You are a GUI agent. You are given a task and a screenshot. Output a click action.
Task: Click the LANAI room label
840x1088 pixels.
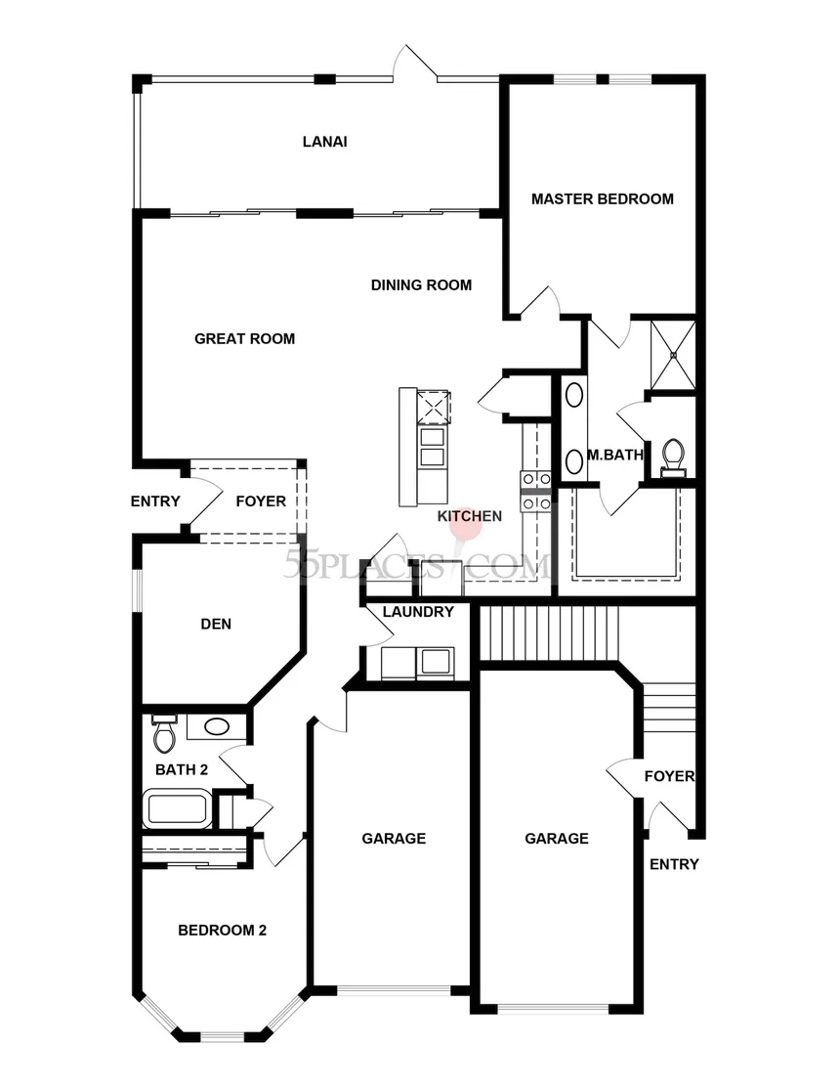[324, 142]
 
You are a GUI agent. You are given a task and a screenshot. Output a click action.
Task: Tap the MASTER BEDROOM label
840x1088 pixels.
[603, 199]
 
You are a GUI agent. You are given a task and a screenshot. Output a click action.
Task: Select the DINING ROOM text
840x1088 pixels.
[421, 285]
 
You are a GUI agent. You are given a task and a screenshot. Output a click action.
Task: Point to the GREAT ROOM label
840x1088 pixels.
[244, 338]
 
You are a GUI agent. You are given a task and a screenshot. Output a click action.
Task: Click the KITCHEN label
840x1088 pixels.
[469, 516]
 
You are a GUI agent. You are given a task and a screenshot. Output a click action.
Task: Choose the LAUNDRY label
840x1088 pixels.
[418, 612]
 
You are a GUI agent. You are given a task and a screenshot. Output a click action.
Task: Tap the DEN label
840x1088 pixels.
[216, 624]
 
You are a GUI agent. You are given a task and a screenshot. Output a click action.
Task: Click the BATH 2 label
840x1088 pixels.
[182, 769]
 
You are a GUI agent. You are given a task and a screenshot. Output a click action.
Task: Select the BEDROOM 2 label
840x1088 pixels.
[222, 931]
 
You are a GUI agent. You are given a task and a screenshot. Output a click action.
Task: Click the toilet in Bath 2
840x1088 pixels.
[164, 734]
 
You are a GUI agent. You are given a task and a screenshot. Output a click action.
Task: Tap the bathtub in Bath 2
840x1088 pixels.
[178, 808]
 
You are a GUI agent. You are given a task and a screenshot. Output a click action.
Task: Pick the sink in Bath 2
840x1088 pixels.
[216, 726]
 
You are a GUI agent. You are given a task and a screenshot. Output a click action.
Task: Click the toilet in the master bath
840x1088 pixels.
[673, 457]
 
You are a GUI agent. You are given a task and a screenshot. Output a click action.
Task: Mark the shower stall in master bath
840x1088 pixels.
[672, 355]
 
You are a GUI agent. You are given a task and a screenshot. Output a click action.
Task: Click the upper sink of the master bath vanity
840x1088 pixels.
[574, 396]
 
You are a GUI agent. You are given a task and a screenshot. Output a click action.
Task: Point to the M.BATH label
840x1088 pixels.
[615, 456]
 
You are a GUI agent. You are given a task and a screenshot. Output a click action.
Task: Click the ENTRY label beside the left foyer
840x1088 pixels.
[155, 500]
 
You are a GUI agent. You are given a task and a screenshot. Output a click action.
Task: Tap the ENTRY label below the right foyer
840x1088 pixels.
[674, 864]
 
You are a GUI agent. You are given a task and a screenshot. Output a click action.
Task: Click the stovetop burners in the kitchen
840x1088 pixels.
[535, 491]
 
